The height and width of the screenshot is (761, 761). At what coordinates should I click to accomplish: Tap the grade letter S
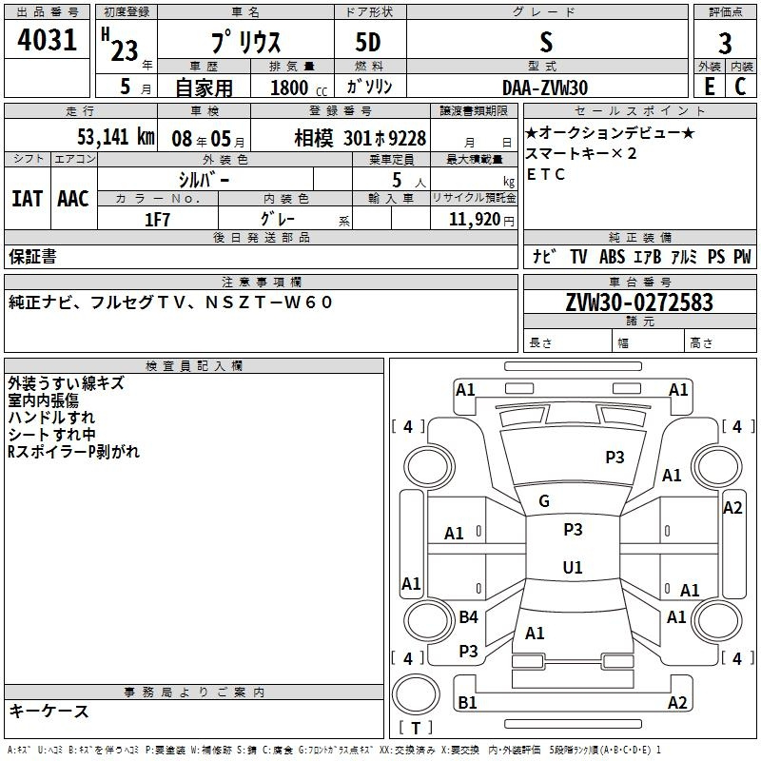pyautogui.click(x=545, y=43)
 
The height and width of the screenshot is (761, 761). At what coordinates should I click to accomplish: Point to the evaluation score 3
pyautogui.click(x=725, y=44)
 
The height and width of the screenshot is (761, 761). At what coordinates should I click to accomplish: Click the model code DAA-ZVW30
pyautogui.click(x=545, y=87)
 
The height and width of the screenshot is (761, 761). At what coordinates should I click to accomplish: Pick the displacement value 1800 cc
pyautogui.click(x=289, y=88)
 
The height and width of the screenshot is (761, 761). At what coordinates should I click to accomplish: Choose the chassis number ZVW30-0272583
pyautogui.click(x=638, y=302)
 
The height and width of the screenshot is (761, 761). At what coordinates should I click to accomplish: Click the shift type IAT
pyautogui.click(x=27, y=199)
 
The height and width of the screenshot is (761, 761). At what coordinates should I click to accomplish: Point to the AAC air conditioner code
pyautogui.click(x=72, y=199)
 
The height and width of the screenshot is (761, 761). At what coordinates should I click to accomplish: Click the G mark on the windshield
pyautogui.click(x=544, y=501)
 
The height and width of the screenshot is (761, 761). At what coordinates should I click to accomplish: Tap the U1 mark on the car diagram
pyautogui.click(x=573, y=567)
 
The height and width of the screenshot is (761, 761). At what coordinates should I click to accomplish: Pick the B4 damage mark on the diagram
pyautogui.click(x=468, y=617)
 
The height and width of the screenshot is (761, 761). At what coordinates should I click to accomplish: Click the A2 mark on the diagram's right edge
pyautogui.click(x=732, y=507)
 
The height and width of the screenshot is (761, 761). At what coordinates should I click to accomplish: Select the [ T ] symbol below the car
pyautogui.click(x=416, y=729)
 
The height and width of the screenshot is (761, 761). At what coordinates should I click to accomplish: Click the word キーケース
pyautogui.click(x=49, y=711)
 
